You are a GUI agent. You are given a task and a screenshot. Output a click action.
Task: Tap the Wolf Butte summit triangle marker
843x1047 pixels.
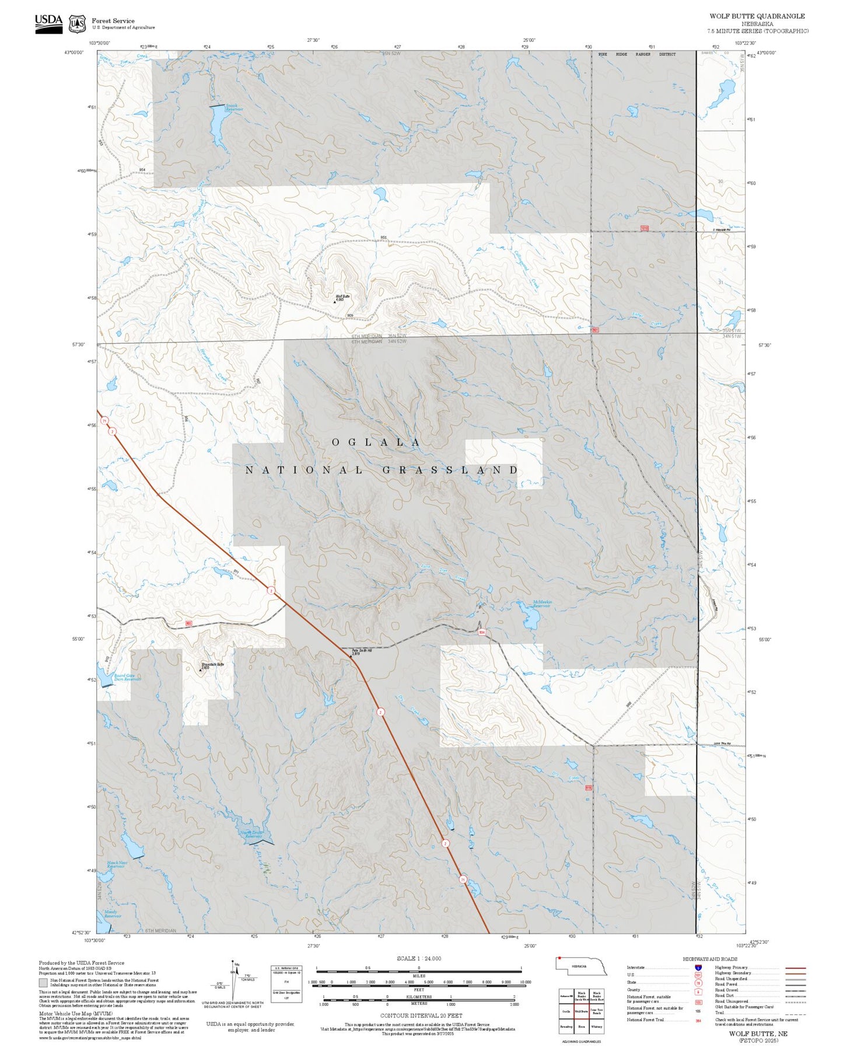point(334,302)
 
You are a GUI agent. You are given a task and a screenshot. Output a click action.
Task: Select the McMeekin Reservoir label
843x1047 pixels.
point(541,604)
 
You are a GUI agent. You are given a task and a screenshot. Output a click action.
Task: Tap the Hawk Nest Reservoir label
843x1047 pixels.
point(117,864)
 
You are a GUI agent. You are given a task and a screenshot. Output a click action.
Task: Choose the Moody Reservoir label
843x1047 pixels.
point(111,914)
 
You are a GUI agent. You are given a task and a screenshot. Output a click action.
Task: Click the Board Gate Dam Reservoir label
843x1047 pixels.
point(127,677)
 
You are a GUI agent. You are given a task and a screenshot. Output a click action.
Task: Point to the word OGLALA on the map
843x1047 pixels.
point(376,442)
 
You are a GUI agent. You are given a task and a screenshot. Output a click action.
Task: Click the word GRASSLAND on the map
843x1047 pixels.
point(450,470)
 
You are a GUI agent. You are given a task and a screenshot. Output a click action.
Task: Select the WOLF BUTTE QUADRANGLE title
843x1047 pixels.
point(757,16)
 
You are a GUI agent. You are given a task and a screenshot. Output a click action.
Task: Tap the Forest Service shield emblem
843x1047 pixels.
point(77,24)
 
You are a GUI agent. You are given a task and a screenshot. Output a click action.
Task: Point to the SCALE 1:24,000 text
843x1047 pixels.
point(418,958)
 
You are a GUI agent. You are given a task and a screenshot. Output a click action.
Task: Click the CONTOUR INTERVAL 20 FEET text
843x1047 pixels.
point(421,1016)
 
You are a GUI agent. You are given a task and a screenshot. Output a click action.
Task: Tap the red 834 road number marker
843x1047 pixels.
point(482,632)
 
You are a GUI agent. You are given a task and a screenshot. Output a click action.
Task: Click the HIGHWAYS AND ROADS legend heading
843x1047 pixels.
point(710,959)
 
